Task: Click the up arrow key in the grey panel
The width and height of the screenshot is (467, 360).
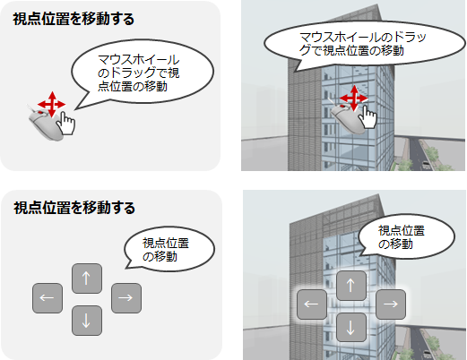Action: tap(87, 279)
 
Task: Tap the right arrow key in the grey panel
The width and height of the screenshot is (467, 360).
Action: tap(126, 298)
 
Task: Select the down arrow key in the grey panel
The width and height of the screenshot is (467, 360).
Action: tap(87, 321)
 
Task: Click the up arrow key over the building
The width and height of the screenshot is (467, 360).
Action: tap(351, 286)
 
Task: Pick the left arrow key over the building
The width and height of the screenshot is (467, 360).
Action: tap(312, 304)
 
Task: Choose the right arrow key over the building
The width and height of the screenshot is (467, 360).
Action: tap(391, 304)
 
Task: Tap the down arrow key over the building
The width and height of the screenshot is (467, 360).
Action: tap(351, 328)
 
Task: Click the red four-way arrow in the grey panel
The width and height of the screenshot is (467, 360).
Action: tap(52, 104)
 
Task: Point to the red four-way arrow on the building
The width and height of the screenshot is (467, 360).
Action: tap(354, 98)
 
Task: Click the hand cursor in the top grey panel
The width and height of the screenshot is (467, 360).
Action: tap(66, 124)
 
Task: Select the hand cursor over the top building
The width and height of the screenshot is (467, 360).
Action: tap(368, 117)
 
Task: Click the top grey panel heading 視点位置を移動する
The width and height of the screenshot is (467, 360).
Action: tap(74, 19)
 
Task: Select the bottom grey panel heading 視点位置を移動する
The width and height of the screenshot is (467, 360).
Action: tap(74, 208)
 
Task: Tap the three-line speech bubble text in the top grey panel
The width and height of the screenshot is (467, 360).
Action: tap(138, 73)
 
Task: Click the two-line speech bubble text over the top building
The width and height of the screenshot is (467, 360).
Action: tap(363, 44)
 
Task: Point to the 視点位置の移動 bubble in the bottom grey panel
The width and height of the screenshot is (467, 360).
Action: tap(169, 250)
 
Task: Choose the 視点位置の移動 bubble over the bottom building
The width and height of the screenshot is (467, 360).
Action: tap(406, 236)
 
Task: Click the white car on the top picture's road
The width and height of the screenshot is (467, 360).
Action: tap(427, 165)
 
